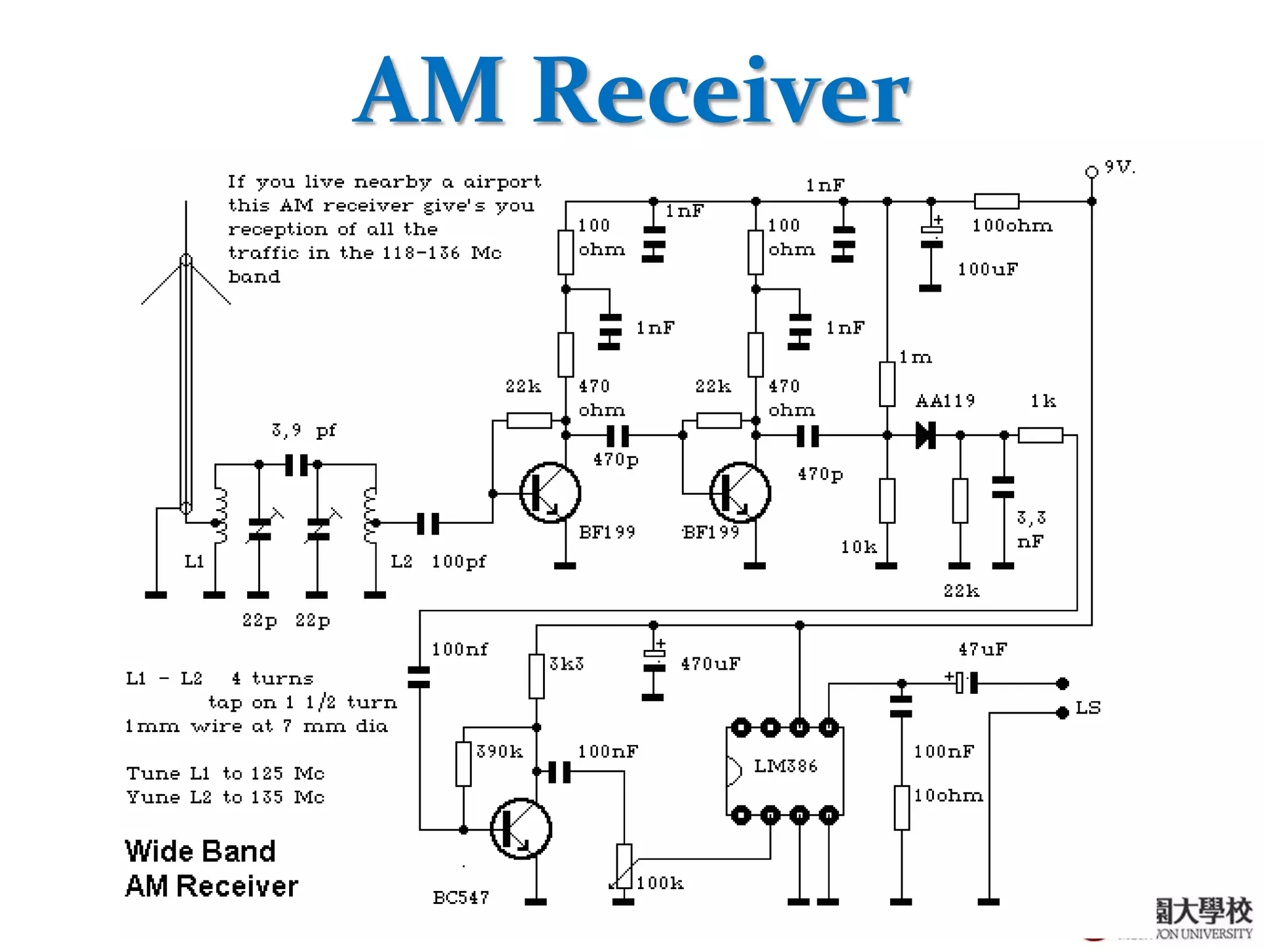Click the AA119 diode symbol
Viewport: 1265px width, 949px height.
(x=925, y=435)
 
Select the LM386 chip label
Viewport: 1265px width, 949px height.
(x=785, y=766)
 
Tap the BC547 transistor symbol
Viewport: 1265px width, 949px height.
(x=521, y=829)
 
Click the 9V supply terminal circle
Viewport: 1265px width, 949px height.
(x=1091, y=172)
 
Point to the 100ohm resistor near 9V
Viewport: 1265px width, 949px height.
(x=996, y=201)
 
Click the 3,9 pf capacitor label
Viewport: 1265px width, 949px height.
(x=303, y=430)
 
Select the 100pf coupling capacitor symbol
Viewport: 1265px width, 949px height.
(x=427, y=523)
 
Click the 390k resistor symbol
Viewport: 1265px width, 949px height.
(x=463, y=764)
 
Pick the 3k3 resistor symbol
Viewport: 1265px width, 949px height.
(x=536, y=676)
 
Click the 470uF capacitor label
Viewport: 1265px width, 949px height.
(x=710, y=664)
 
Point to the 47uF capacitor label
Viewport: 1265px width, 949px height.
(x=982, y=649)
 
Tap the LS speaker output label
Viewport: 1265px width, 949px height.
(x=1088, y=707)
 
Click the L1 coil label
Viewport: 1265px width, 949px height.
(x=194, y=562)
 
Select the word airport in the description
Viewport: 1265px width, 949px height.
(x=502, y=182)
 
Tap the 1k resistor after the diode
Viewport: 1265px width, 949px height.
(x=1040, y=435)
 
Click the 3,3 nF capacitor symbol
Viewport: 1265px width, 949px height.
(x=1002, y=487)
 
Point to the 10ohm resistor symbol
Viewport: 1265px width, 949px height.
(x=901, y=808)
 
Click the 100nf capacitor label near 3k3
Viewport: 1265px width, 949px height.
(x=459, y=649)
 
